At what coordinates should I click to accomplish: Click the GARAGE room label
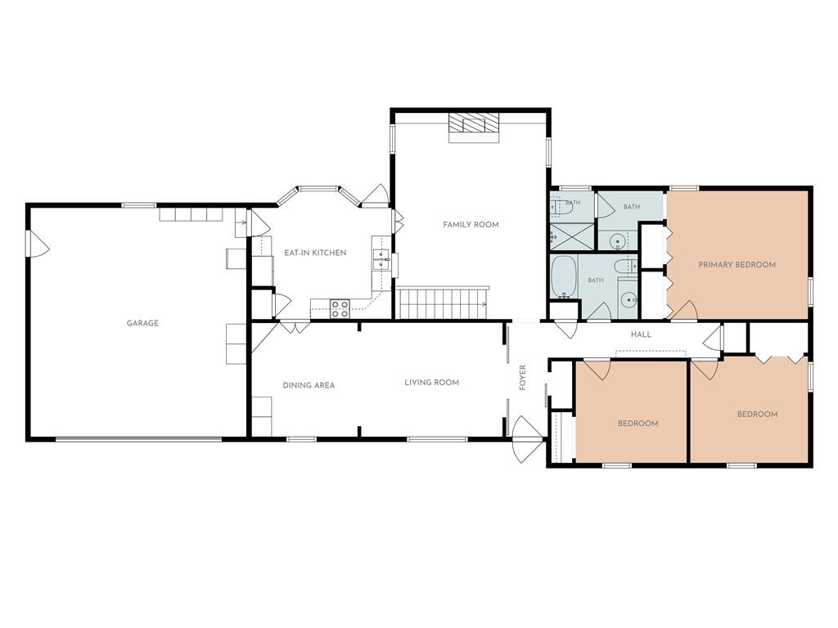(x=142, y=323)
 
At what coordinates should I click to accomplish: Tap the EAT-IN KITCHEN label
(x=315, y=253)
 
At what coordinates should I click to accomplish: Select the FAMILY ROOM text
(x=471, y=225)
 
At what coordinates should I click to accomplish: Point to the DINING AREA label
(x=309, y=385)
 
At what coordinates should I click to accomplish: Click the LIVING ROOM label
(x=432, y=383)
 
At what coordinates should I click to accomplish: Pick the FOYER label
(x=523, y=378)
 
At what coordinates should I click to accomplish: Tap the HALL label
(x=642, y=334)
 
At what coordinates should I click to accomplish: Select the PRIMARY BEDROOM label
(x=737, y=264)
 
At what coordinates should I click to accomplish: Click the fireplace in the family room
(x=474, y=128)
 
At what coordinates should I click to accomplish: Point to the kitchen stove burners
(x=340, y=308)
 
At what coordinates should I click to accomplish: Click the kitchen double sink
(x=381, y=260)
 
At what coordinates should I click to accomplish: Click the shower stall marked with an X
(x=572, y=235)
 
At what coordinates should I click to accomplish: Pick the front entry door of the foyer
(x=528, y=439)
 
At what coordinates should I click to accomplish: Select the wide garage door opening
(x=138, y=439)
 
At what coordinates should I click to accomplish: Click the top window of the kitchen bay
(x=318, y=188)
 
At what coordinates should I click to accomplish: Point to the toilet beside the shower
(x=561, y=207)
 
